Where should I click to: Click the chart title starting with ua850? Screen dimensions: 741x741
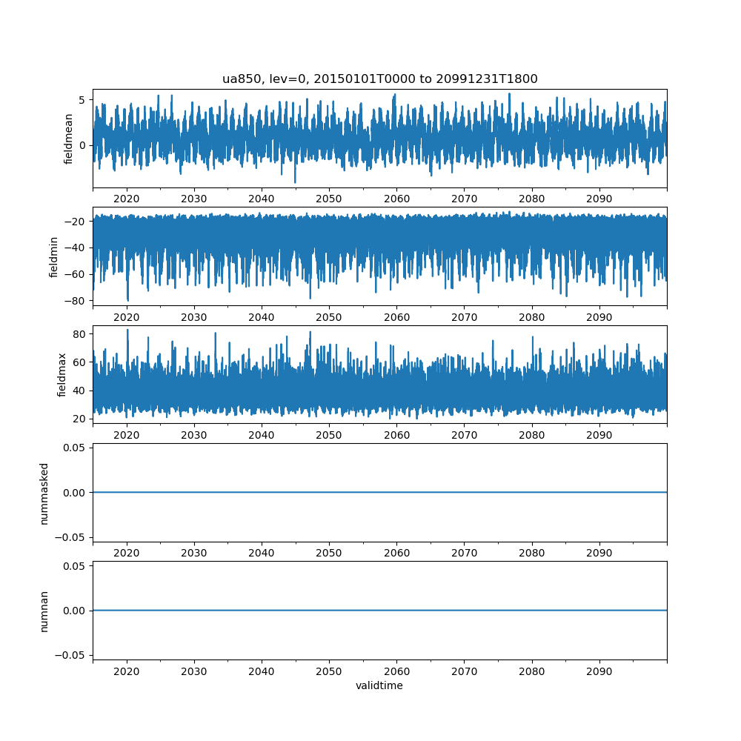pos(379,79)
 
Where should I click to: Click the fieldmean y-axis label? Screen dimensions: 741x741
pos(69,139)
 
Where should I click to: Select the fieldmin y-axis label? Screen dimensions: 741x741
pos(53,256)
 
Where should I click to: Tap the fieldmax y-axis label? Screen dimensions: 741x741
pos(62,375)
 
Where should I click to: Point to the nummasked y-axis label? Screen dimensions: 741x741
pos(44,493)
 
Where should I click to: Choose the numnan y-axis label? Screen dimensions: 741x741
pos(44,611)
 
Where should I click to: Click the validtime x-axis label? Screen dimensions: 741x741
pos(379,685)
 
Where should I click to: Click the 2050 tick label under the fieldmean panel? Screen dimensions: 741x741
pos(329,199)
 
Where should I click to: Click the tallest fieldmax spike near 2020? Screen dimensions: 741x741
pos(127,330)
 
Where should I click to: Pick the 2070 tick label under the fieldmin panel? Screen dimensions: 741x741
pos(464,317)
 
